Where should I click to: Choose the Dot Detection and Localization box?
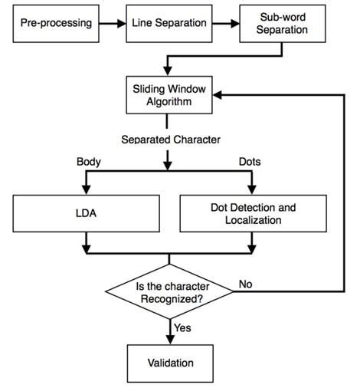point(254,213)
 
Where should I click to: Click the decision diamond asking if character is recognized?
point(169,292)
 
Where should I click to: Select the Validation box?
point(170,362)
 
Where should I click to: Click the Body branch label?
point(89,162)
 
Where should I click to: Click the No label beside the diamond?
point(246,283)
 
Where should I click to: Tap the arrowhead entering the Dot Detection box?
point(254,189)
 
